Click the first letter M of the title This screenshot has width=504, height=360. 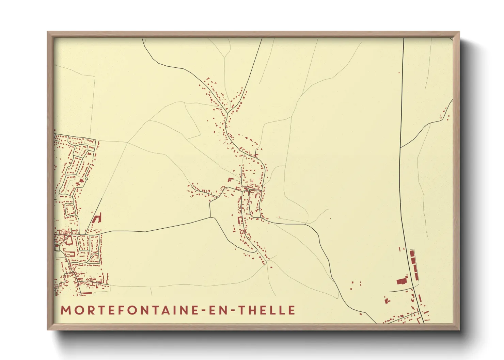pos(65,310)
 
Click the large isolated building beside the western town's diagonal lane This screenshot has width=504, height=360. pos(98,218)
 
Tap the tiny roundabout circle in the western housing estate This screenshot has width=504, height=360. pos(86,178)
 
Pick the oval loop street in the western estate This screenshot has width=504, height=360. pos(69,210)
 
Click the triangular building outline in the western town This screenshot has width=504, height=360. pos(68,241)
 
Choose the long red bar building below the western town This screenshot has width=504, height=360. pos(86,293)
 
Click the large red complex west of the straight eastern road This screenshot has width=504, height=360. pos(402,280)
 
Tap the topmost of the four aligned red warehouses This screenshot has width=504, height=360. pos(412,253)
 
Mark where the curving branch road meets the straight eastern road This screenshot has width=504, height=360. pos(400,148)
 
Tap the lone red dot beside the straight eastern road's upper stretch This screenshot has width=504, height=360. pos(399,72)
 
